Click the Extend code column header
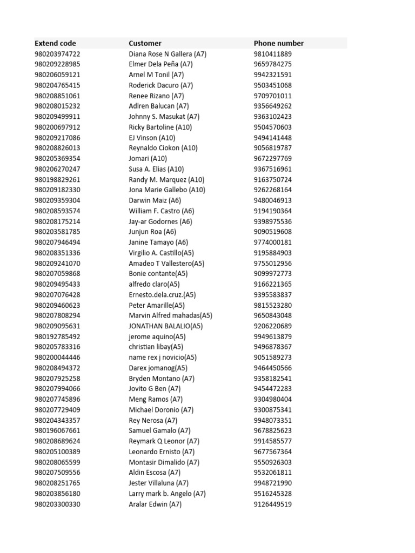pyautogui.click(x=55, y=43)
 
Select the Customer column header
pyautogui.click(x=145, y=43)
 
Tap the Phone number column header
pyautogui.click(x=278, y=43)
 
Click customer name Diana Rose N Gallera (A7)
pyautogui.click(x=168, y=54)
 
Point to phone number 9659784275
pyautogui.click(x=272, y=64)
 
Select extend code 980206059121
pyautogui.click(x=57, y=75)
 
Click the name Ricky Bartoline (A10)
pyautogui.click(x=160, y=127)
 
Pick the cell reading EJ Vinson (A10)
pyautogui.click(x=152, y=138)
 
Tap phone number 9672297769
pyautogui.click(x=272, y=158)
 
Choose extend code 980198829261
pyautogui.click(x=57, y=179)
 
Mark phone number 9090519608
pyautogui.click(x=272, y=232)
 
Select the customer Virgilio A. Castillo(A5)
pyautogui.click(x=161, y=253)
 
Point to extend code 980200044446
pyautogui.click(x=57, y=358)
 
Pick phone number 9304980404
pyautogui.click(x=272, y=400)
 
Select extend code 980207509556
pyautogui.click(x=57, y=473)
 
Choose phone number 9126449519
pyautogui.click(x=272, y=504)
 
